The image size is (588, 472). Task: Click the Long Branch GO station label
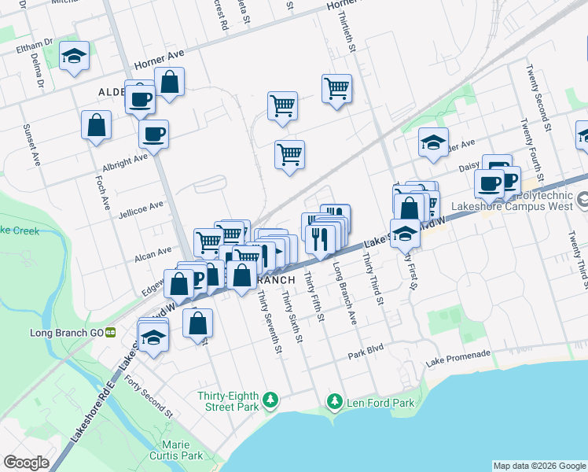(66, 333)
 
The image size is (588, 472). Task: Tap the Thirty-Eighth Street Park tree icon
(270, 400)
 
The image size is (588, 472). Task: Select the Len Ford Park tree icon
(335, 403)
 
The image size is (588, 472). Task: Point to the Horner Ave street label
(158, 61)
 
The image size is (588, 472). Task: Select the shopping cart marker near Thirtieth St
(336, 88)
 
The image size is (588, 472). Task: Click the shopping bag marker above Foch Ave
(96, 125)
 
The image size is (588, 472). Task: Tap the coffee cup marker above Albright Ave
(153, 132)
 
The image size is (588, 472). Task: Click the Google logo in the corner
(26, 463)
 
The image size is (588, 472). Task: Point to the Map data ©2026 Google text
(538, 466)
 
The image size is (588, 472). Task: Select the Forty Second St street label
(148, 396)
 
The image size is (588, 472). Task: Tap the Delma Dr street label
(36, 69)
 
